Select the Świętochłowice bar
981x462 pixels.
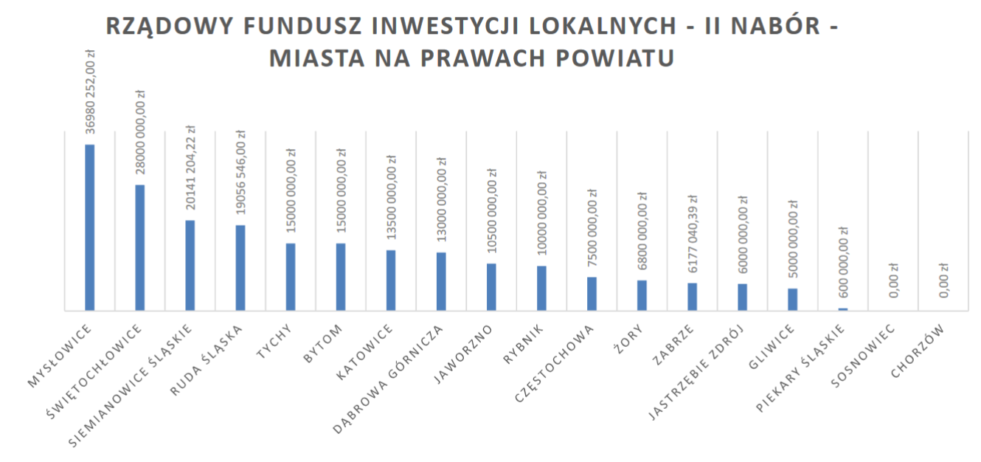pyautogui.click(x=140, y=247)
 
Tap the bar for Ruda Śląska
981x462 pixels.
pyautogui.click(x=240, y=267)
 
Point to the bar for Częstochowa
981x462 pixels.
pyautogui.click(x=592, y=294)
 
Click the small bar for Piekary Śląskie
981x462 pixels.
pyautogui.click(x=843, y=309)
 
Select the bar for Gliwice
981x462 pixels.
pyautogui.click(x=792, y=299)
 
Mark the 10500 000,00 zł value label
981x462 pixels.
pyautogui.click(x=492, y=213)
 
